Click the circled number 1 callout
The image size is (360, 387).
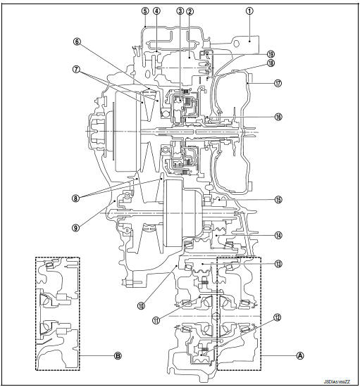(249, 11)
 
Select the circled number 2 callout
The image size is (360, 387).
(190, 11)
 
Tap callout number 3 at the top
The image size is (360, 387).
(180, 11)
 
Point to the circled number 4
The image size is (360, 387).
(156, 11)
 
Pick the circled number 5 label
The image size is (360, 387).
(144, 11)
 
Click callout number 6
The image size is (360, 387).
(77, 42)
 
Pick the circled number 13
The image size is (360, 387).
(278, 264)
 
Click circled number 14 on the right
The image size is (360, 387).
(278, 235)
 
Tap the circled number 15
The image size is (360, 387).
(278, 199)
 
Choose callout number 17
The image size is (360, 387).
(278, 82)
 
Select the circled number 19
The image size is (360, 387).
(271, 53)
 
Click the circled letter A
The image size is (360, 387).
(300, 355)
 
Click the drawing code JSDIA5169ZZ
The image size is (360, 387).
(335, 381)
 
